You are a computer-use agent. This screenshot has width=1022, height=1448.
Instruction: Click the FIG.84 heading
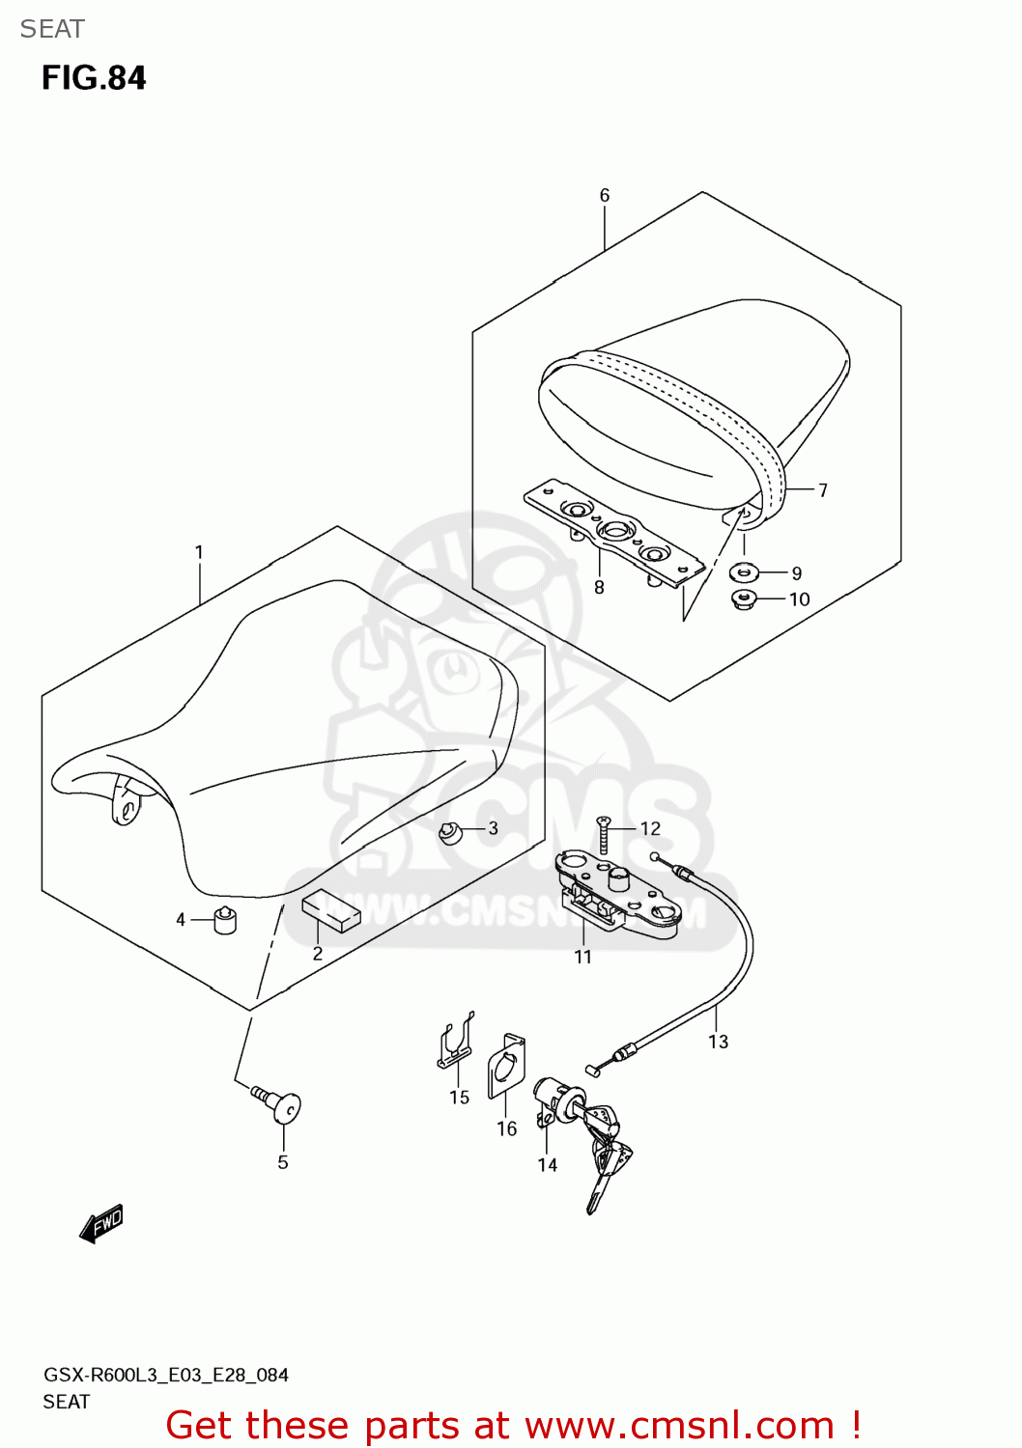click(94, 78)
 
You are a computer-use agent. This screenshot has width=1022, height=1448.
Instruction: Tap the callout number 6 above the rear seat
click(605, 195)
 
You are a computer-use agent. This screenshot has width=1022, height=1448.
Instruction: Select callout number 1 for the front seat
click(199, 552)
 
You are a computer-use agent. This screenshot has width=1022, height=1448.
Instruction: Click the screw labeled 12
click(604, 833)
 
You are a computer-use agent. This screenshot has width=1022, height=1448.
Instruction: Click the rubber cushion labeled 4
click(224, 921)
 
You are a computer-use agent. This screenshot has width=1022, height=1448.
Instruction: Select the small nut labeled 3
click(449, 831)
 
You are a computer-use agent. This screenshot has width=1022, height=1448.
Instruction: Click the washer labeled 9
click(743, 572)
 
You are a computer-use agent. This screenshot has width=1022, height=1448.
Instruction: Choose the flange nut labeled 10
click(743, 599)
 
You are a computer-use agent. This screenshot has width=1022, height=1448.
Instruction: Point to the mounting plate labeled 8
click(611, 534)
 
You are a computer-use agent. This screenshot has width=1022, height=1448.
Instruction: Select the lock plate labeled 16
click(506, 1066)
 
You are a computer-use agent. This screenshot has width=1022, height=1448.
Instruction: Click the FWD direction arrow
click(101, 1223)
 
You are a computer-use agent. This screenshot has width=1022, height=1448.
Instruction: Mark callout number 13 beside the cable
click(718, 1041)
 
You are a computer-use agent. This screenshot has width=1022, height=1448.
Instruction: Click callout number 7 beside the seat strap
click(822, 490)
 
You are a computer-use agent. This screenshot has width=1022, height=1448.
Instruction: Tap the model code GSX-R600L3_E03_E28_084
click(166, 1375)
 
